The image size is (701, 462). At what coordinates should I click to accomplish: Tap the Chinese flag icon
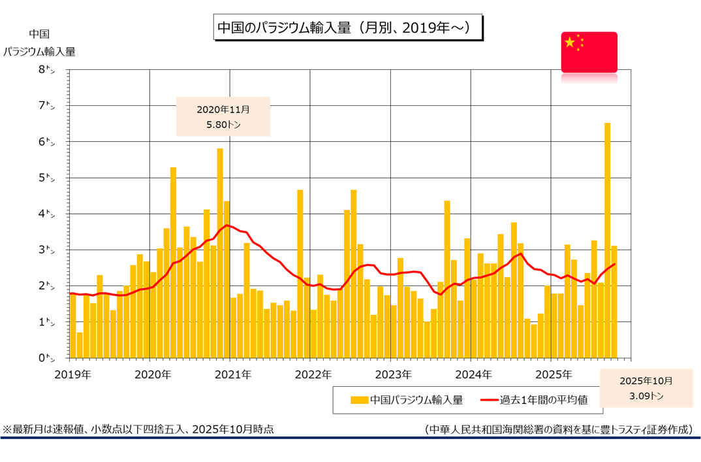pyautogui.click(x=589, y=52)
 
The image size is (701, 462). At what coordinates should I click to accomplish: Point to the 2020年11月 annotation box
pyautogui.click(x=223, y=116)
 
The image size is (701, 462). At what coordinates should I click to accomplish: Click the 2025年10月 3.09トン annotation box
pyautogui.click(x=646, y=388)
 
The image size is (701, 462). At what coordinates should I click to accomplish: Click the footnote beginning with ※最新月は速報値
pyautogui.click(x=138, y=429)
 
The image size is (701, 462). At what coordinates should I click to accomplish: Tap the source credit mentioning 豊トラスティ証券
pyautogui.click(x=558, y=429)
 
